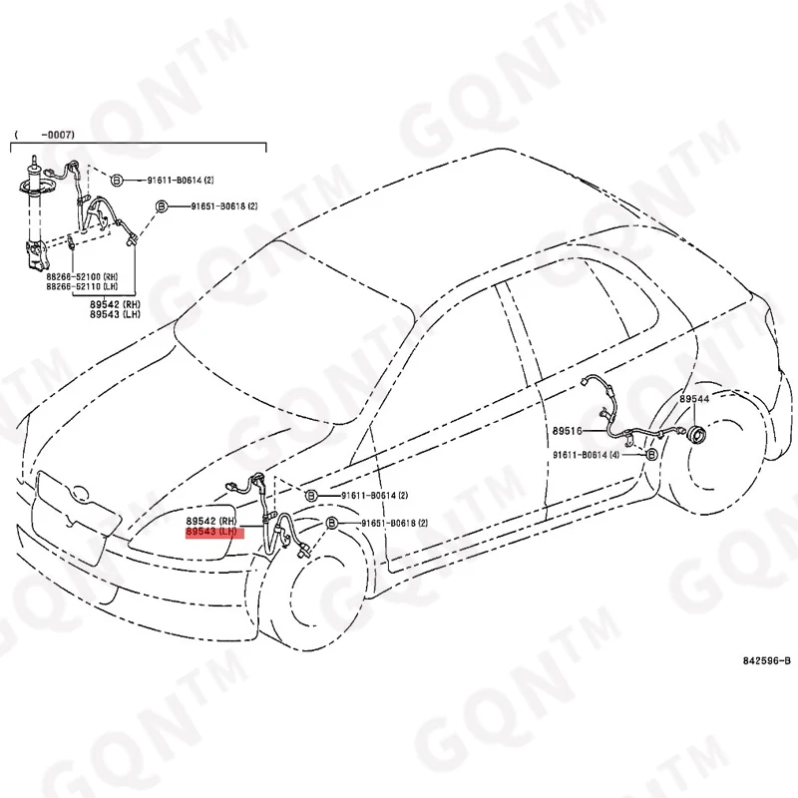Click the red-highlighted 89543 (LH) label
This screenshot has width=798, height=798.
(209, 534)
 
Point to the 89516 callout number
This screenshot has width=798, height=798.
(569, 433)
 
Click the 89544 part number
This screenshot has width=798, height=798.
(694, 399)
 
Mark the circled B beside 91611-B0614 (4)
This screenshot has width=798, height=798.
(651, 454)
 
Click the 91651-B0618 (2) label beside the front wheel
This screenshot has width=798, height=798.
(394, 524)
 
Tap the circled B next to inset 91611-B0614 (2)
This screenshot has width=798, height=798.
(116, 180)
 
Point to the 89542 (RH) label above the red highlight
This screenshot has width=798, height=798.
(209, 522)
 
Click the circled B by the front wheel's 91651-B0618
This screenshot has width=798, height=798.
(331, 524)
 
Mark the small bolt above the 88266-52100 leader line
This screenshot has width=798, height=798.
(73, 241)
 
